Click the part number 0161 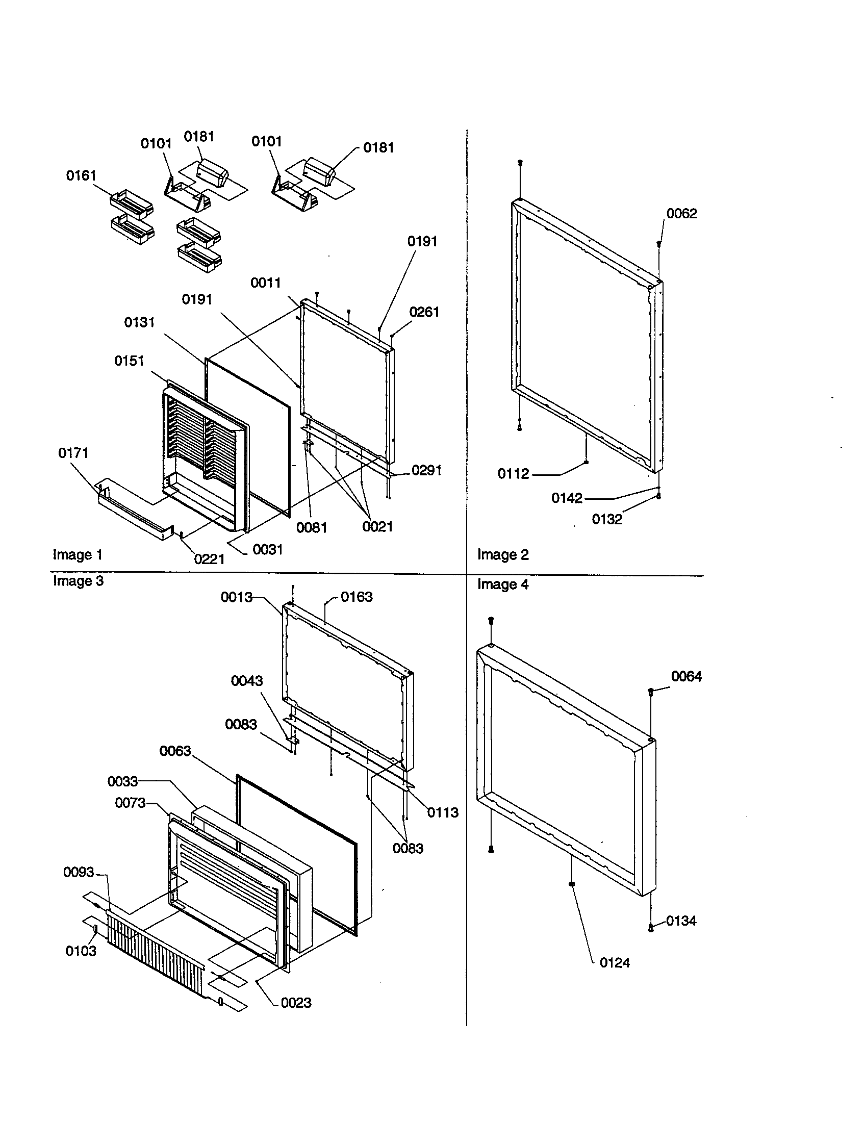pyautogui.click(x=81, y=176)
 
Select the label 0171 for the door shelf pyautogui.click(x=73, y=452)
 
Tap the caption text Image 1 pyautogui.click(x=78, y=555)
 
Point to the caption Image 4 pyautogui.click(x=502, y=584)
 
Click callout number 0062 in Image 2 pyautogui.click(x=681, y=214)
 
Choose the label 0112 pyautogui.click(x=513, y=474)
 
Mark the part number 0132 pyautogui.click(x=606, y=519)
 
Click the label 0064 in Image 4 pyautogui.click(x=686, y=677)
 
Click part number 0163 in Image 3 pyautogui.click(x=357, y=597)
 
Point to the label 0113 pyautogui.click(x=442, y=813)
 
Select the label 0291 pyautogui.click(x=426, y=471)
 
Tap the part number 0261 pyautogui.click(x=424, y=312)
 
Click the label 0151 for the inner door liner pyautogui.click(x=129, y=361)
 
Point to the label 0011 pyautogui.click(x=266, y=283)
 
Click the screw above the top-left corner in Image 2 pyautogui.click(x=520, y=163)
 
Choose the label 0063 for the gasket pyautogui.click(x=175, y=751)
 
